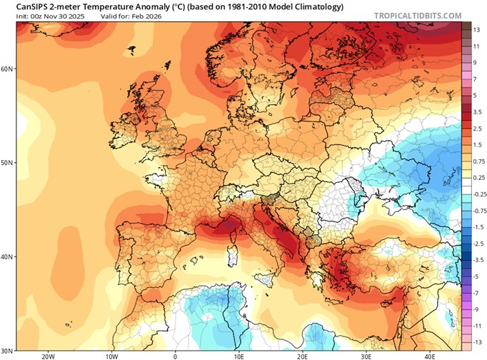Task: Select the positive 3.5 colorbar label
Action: coord(476,113)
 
